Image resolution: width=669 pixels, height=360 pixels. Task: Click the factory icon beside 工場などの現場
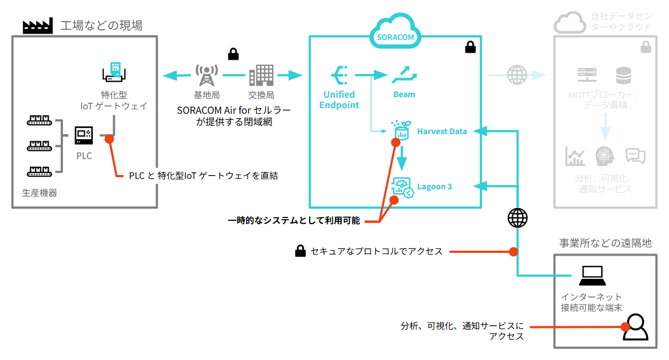[x=37, y=25]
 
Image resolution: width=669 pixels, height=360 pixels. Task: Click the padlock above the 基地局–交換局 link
[x=233, y=54]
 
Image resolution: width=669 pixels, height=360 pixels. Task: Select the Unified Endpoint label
[x=339, y=100]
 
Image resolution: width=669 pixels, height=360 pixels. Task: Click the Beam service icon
[x=404, y=75]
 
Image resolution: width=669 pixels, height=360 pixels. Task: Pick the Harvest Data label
[x=442, y=131]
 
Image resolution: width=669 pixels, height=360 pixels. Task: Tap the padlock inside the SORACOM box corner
[x=470, y=47]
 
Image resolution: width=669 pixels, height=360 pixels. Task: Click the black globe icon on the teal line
[x=517, y=218]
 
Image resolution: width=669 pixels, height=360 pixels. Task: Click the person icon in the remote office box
[x=636, y=327]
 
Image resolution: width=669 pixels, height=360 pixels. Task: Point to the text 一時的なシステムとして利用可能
[x=294, y=221]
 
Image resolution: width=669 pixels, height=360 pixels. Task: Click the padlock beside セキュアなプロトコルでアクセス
[x=300, y=252]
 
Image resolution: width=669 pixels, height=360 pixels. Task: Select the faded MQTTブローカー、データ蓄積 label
[x=604, y=100]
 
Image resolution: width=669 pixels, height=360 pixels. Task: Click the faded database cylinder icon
[x=624, y=75]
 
